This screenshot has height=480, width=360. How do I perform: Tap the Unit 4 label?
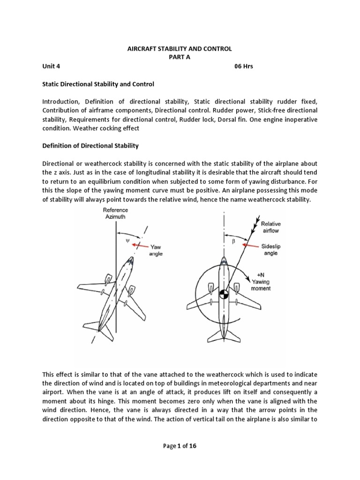point(51,66)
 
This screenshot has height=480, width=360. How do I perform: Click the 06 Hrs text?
point(243,66)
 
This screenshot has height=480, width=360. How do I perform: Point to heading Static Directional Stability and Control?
point(98,84)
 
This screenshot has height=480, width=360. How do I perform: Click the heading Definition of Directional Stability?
point(90,146)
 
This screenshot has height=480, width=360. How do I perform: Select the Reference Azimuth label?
point(115,214)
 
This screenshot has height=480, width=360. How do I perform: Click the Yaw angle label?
point(156,250)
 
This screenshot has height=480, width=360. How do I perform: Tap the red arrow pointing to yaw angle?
point(140,245)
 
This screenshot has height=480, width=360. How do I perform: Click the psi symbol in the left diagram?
point(127,241)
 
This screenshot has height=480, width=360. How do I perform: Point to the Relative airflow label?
point(271,227)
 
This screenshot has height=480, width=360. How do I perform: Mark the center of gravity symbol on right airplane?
point(224,295)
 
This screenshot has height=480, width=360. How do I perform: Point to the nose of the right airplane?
point(224,259)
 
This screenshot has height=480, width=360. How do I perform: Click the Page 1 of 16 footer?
point(180,446)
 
